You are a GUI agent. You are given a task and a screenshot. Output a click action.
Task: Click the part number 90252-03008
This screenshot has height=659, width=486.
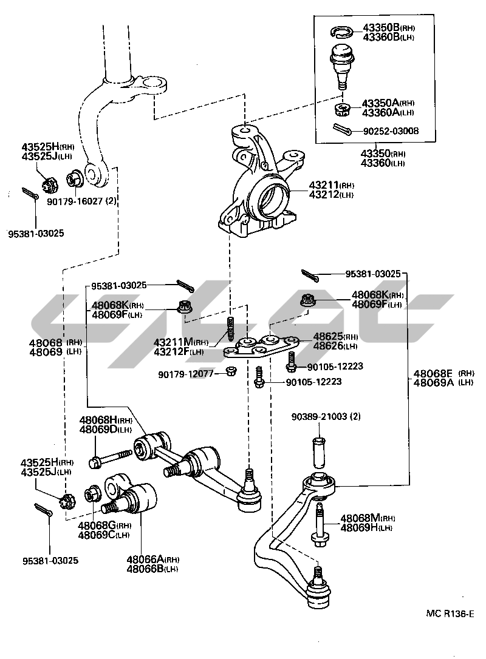coord(391,131)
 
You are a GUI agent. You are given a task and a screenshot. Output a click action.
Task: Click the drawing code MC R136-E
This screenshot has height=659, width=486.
coord(450,614)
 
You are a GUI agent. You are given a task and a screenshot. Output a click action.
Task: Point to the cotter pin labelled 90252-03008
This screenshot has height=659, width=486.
coord(343,130)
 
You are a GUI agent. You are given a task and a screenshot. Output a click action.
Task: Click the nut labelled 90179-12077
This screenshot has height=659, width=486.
coord(231,371)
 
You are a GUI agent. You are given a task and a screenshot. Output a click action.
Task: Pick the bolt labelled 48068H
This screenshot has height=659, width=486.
coord(112,458)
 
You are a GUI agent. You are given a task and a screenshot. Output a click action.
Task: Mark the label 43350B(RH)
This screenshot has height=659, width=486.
coord(389,28)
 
